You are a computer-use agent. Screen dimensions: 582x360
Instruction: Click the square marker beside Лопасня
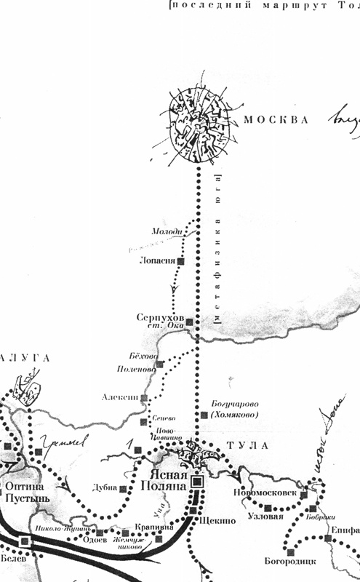(182, 260)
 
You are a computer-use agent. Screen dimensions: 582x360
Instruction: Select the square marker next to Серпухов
(190, 322)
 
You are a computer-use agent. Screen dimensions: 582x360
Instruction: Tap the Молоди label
(164, 231)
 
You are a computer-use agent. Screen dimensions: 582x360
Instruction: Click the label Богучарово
(235, 404)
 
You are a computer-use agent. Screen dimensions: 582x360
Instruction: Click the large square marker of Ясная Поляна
(198, 482)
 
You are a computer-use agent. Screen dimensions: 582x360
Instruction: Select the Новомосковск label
(265, 493)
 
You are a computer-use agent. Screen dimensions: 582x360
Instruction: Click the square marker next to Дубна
(123, 489)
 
